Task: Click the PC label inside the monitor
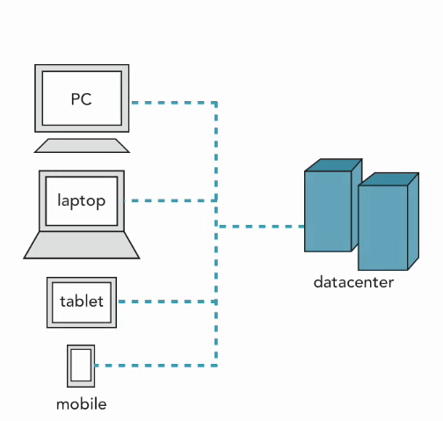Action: point(82,99)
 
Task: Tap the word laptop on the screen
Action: point(82,201)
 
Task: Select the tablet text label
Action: point(82,301)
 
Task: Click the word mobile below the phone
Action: point(82,404)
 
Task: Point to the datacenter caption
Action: point(353,282)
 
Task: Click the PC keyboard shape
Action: point(82,146)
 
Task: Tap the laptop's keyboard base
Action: point(82,245)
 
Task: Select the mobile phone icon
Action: point(81,366)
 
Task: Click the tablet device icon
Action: point(82,302)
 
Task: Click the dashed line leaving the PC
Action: point(173,103)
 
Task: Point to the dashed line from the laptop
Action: point(173,200)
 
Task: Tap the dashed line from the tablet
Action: point(168,301)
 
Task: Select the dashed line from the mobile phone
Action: point(156,366)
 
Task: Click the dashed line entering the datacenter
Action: point(262,227)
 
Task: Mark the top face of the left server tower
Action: point(333,165)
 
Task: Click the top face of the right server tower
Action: point(389,179)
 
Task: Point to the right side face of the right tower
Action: point(413,221)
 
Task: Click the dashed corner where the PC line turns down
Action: point(216,103)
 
